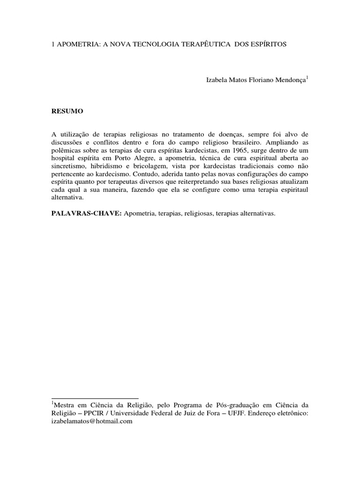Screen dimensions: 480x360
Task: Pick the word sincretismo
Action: pyautogui.click(x=69, y=172)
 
